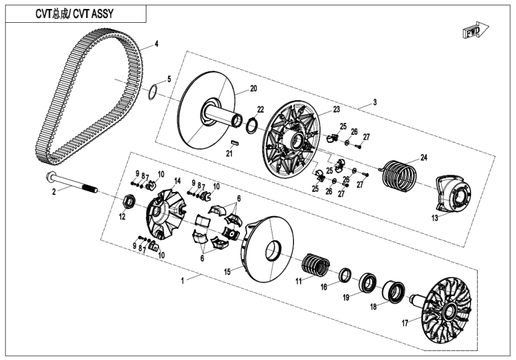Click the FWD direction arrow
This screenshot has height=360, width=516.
[x=476, y=31]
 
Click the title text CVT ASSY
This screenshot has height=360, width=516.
[x=74, y=13]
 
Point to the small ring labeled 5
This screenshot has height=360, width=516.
[x=154, y=93]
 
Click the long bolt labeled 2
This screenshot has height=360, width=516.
[x=72, y=184]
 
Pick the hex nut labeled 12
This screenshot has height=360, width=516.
[x=128, y=201]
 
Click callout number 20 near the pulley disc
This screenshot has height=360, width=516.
[x=253, y=89]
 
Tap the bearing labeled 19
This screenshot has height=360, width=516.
[x=368, y=283]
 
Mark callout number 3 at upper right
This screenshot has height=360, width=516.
[x=375, y=102]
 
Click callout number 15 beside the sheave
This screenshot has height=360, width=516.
[x=227, y=272]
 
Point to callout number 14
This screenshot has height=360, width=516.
[x=177, y=181]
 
